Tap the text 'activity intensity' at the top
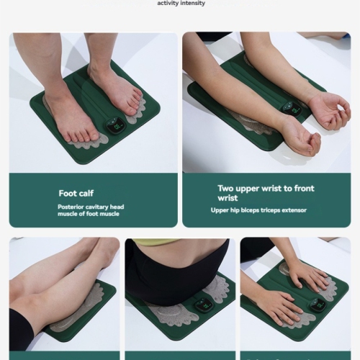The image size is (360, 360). (x=181, y=3)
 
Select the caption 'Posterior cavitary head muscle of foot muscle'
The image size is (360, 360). (x=91, y=210)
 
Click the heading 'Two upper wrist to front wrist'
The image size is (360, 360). (x=266, y=193)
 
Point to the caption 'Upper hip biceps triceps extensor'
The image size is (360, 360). (x=258, y=210)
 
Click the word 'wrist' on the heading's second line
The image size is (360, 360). (x=228, y=198)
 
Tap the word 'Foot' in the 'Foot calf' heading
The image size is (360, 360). (x=68, y=193)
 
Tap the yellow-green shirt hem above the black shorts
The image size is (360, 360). (x=155, y=243)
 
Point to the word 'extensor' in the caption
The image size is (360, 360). (x=294, y=210)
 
